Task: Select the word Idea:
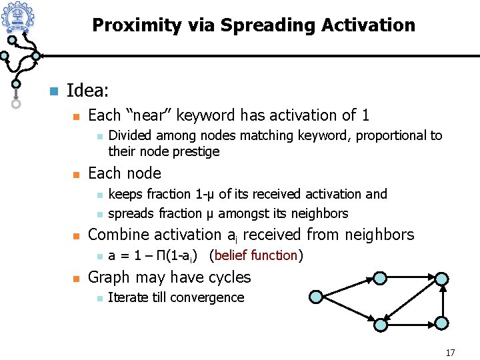(x=89, y=89)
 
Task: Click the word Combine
(x=118, y=235)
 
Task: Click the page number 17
(x=450, y=352)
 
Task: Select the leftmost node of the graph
(x=317, y=297)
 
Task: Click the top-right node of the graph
(x=442, y=279)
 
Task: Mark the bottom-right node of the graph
(x=442, y=323)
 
